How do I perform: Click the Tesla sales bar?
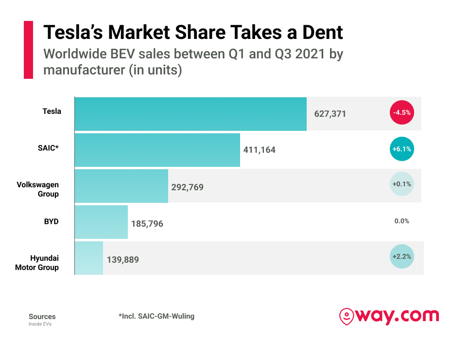tap(191, 114)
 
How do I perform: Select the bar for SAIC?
tap(157, 150)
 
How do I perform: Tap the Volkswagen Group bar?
tap(122, 186)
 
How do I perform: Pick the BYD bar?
tap(101, 222)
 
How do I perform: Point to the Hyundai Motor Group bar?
tap(89, 258)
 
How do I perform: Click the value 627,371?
tap(330, 114)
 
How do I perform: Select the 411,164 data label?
tap(259, 150)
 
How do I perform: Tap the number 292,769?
tap(187, 187)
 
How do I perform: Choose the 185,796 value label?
tap(147, 223)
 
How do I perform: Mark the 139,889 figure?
tap(123, 260)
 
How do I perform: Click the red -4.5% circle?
tap(402, 112)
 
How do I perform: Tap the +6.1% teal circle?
tap(402, 149)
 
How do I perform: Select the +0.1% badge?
tap(402, 184)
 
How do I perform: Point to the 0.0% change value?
tap(402, 221)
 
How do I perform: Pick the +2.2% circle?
tap(402, 256)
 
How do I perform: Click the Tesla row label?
tap(52, 111)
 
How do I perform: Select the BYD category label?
tap(51, 221)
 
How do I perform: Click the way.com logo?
tap(389, 317)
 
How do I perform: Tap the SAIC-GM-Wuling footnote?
tap(157, 316)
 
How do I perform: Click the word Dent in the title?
tap(322, 32)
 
